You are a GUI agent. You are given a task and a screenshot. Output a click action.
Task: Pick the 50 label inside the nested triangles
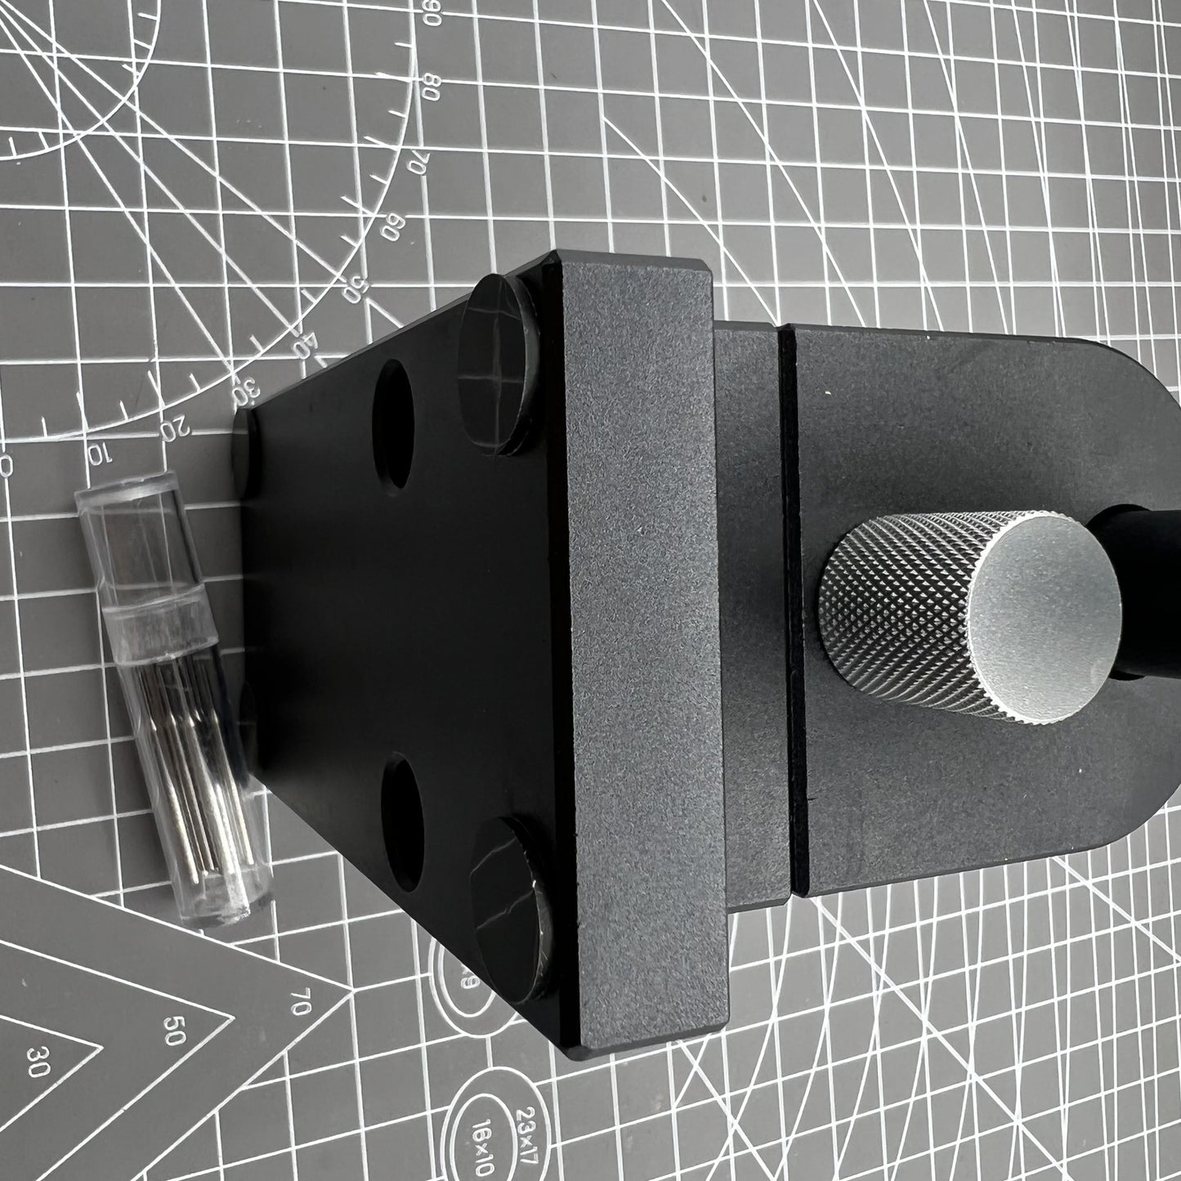pyautogui.click(x=173, y=1032)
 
